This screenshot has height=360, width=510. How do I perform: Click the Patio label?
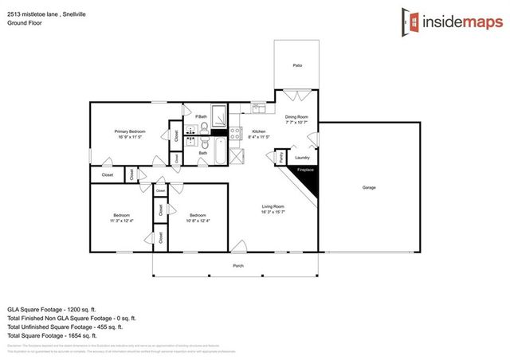pos(297,65)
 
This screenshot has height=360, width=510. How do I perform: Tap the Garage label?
pos(369,187)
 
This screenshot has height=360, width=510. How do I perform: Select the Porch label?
pos(237,265)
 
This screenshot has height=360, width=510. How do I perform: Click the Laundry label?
pos(302,157)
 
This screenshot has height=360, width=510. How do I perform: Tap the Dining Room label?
pos(297,118)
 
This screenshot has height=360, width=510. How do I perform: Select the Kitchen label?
pos(259,131)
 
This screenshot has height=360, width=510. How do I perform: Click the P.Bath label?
pos(201,117)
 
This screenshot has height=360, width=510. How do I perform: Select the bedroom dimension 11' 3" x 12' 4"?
pos(122,220)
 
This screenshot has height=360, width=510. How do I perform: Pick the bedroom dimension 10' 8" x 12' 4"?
pos(198,220)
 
